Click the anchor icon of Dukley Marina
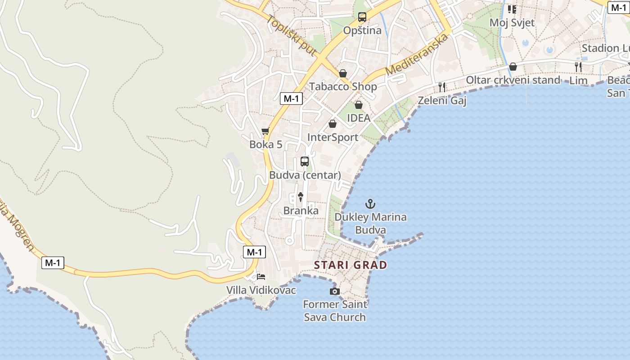(x=370, y=204)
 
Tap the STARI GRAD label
(x=351, y=265)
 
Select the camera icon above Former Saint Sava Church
(x=334, y=292)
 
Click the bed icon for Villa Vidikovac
(x=261, y=276)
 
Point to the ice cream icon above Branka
(x=301, y=197)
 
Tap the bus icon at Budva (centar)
(x=305, y=162)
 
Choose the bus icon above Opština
(x=362, y=17)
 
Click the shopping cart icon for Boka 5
(x=265, y=131)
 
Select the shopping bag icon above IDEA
(x=359, y=105)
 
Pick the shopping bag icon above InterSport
(x=333, y=124)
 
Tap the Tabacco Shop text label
(x=343, y=86)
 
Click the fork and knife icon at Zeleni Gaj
(x=442, y=87)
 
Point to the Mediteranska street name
(x=417, y=54)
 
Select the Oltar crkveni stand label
(x=513, y=80)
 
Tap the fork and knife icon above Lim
(x=578, y=67)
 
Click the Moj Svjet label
(x=512, y=22)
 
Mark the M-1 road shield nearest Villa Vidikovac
(x=254, y=252)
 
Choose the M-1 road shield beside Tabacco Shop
(x=291, y=99)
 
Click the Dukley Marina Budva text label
(x=370, y=224)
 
